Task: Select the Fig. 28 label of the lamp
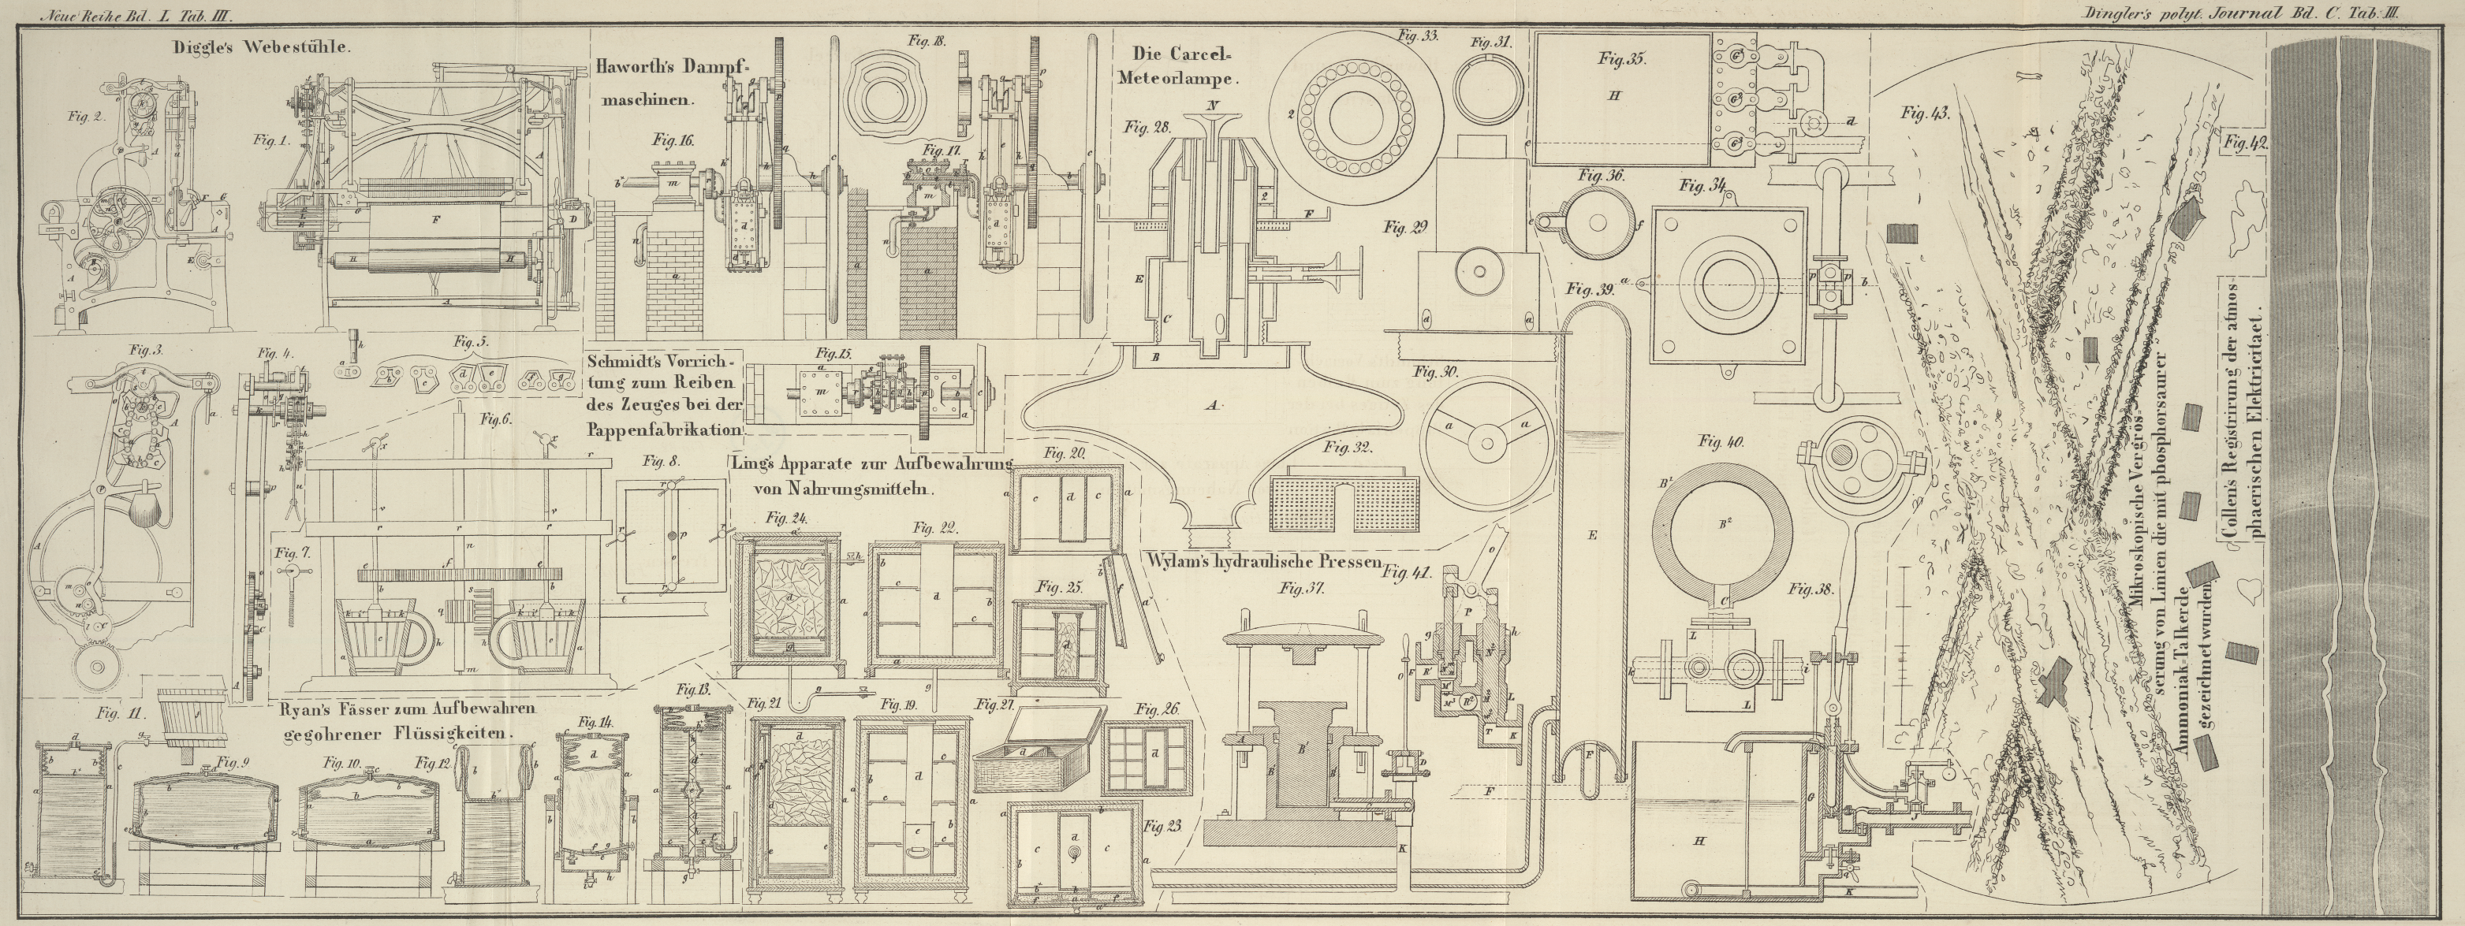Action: pyautogui.click(x=1147, y=126)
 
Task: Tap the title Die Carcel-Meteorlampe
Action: pyautogui.click(x=1184, y=66)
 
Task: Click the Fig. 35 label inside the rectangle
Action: pyautogui.click(x=1621, y=58)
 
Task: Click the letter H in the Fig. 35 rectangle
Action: pyautogui.click(x=1614, y=121)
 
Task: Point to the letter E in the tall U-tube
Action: pyautogui.click(x=1591, y=536)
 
